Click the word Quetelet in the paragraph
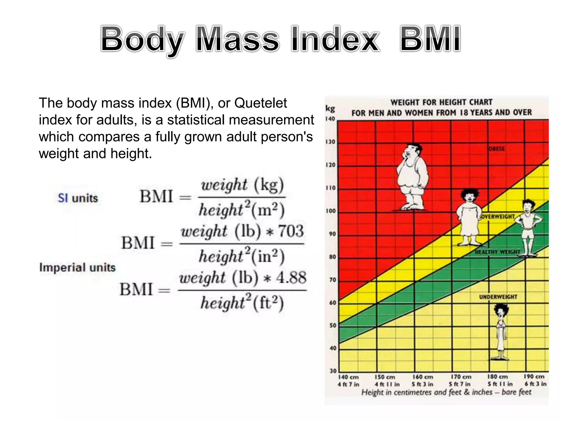tap(261, 103)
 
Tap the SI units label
tap(78, 198)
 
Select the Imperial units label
tap(77, 267)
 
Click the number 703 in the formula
tap(291, 231)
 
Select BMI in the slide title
tap(430, 39)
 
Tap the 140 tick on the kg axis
tap(330, 119)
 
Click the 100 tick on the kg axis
tap(331, 211)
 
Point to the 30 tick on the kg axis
tap(333, 371)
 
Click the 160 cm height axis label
tap(423, 377)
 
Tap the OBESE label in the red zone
tap(497, 149)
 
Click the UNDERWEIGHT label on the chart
tap(498, 297)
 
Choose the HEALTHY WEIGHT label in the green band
tap(497, 252)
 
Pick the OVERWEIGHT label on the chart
tap(497, 217)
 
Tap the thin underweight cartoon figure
tap(501, 332)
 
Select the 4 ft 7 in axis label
tap(348, 384)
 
